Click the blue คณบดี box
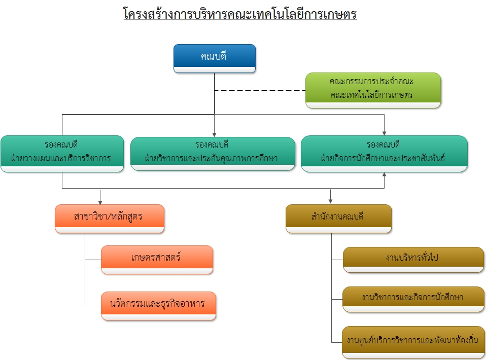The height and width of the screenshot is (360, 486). [x=214, y=58]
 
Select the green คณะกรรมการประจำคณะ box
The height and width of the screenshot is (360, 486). [x=373, y=89]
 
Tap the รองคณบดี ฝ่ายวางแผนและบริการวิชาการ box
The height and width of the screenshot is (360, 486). [x=62, y=153]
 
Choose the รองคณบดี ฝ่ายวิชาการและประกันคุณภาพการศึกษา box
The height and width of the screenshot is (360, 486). [x=213, y=153]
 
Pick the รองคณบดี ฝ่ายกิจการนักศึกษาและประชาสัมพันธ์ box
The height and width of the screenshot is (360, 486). [x=384, y=153]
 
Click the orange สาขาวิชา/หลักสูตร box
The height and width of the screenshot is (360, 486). [x=109, y=218]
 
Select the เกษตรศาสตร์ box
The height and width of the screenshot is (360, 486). [x=157, y=259]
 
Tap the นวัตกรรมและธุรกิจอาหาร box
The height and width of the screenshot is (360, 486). [x=158, y=305]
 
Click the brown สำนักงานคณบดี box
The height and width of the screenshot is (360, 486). [x=338, y=218]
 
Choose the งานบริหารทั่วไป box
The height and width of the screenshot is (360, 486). [x=413, y=259]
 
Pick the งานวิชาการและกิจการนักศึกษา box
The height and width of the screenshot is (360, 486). [x=413, y=298]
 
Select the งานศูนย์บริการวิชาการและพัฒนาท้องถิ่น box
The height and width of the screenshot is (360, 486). [x=413, y=341]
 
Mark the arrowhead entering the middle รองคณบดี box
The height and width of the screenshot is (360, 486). [x=214, y=133]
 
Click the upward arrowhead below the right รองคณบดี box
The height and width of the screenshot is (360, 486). [x=384, y=175]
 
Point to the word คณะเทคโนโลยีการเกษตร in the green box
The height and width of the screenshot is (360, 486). [x=372, y=95]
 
